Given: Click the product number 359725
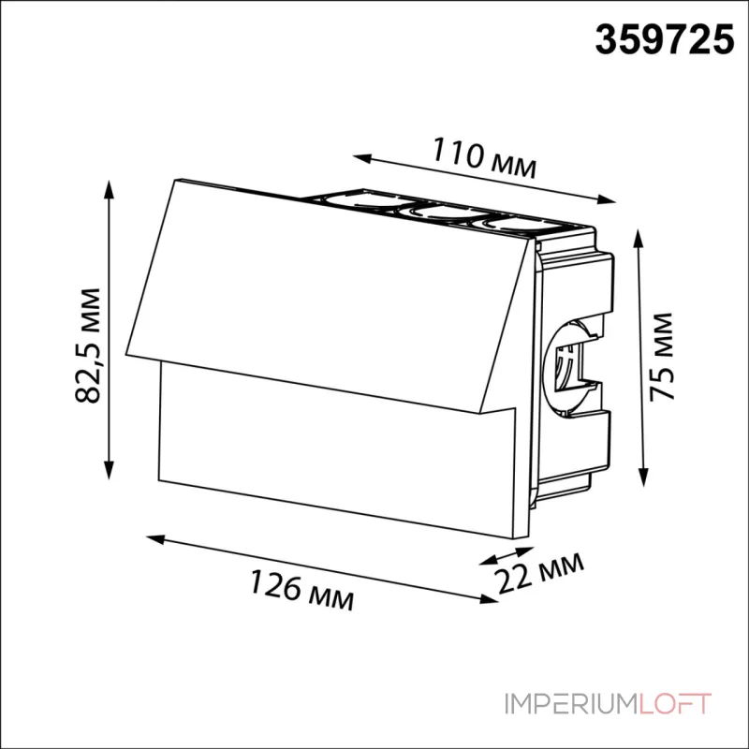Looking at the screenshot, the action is coord(664,40).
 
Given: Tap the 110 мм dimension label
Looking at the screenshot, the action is coord(484,158).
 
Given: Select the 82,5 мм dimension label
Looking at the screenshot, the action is coord(88,345).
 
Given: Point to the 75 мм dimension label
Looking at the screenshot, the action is coord(662,356).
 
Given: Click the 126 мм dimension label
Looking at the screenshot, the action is coord(301,590).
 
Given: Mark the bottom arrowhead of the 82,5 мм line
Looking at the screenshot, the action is coord(110,470).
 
